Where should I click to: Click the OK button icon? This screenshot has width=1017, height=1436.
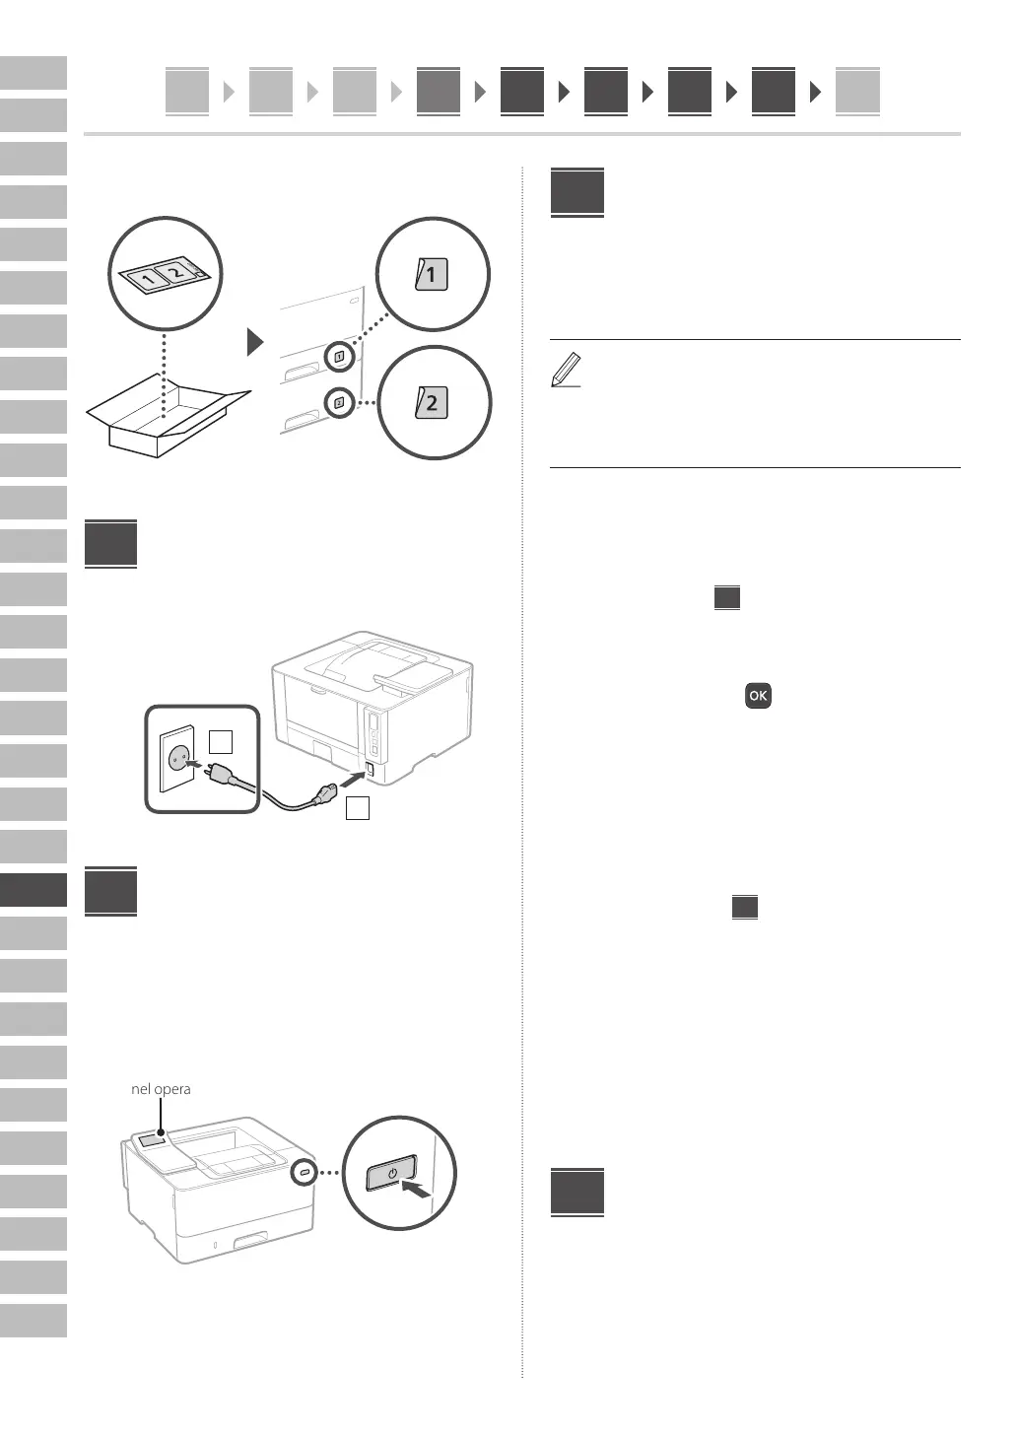click(758, 696)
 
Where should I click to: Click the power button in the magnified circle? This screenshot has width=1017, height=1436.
click(391, 1174)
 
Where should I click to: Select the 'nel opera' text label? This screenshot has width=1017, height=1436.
click(161, 1089)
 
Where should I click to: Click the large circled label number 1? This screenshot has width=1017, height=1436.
click(432, 273)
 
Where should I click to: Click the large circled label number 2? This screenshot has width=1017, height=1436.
click(432, 402)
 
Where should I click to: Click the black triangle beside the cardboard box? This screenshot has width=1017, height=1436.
click(255, 342)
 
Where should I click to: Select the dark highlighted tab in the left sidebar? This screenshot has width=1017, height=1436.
click(34, 890)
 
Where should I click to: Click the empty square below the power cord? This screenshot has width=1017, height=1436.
click(358, 809)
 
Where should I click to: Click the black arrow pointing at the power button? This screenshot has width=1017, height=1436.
click(418, 1191)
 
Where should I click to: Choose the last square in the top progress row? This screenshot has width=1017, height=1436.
click(856, 92)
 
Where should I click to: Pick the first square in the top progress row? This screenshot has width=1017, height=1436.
click(187, 92)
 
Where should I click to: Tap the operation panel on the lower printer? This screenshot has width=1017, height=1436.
click(154, 1140)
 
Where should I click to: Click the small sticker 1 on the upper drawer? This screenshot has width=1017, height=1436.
click(339, 357)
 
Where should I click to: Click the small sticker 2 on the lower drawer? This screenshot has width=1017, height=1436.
click(339, 402)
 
